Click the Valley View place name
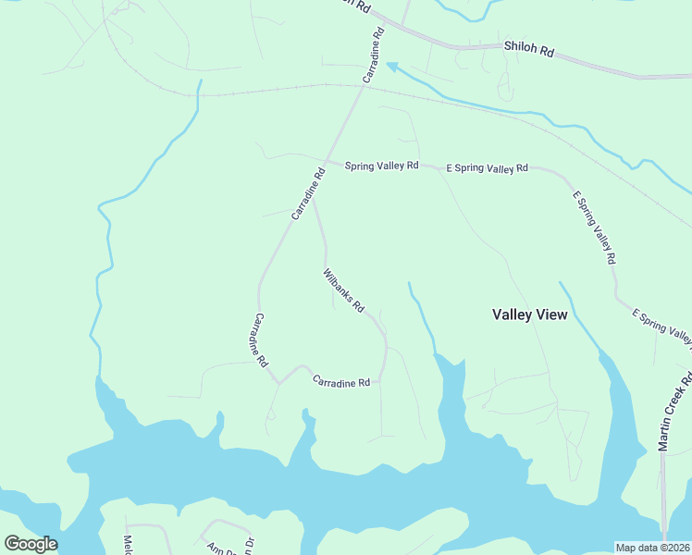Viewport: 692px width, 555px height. pos(529,314)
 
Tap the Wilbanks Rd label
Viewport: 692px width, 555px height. pos(343,290)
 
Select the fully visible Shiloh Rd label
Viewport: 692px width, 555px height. pos(528,49)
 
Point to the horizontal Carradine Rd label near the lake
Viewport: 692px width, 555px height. pos(341,381)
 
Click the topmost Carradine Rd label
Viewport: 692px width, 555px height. pos(373,56)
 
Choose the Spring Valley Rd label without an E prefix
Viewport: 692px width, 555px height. pos(381,166)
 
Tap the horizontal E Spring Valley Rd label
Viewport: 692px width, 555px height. pos(487,168)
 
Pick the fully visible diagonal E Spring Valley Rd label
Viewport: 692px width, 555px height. pos(593,228)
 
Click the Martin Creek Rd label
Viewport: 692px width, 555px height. pos(675,412)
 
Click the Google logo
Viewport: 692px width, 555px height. pos(31,544)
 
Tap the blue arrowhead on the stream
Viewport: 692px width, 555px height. pos(392,67)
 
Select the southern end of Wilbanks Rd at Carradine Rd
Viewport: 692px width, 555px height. pos(379,379)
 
